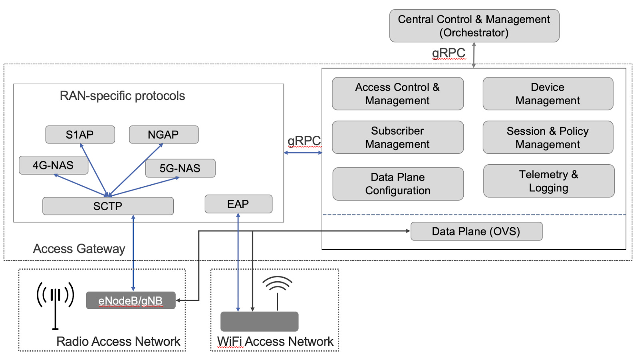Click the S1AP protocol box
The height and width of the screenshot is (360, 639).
click(80, 135)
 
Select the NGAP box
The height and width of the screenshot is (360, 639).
click(163, 135)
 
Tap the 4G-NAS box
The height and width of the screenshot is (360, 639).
click(53, 165)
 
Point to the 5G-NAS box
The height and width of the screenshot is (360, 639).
click(180, 168)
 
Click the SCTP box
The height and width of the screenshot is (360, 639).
click(108, 206)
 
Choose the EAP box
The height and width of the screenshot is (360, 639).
click(238, 204)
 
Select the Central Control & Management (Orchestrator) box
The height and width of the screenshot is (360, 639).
click(474, 26)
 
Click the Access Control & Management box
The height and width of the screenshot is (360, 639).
click(397, 93)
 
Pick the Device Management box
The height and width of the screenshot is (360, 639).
click(548, 93)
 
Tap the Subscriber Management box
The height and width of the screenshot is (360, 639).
click(397, 137)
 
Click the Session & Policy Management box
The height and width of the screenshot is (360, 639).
click(548, 137)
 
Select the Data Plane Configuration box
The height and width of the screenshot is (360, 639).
click(398, 184)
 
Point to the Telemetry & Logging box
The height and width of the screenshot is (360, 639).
click(548, 181)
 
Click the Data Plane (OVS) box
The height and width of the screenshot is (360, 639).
click(476, 231)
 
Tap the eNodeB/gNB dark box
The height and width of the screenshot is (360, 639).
click(131, 300)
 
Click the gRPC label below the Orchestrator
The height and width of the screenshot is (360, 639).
click(448, 53)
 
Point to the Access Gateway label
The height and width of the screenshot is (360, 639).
click(79, 249)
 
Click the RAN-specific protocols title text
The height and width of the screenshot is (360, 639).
click(122, 96)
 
